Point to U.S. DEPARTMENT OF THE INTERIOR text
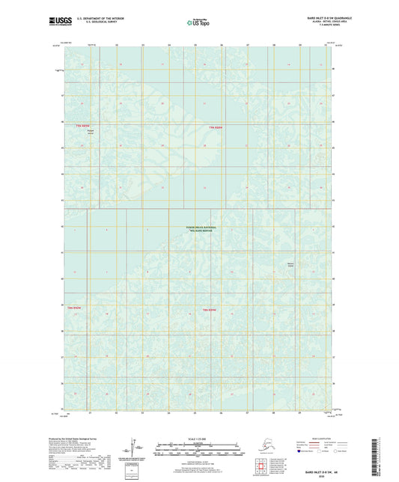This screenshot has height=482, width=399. (x=96, y=16)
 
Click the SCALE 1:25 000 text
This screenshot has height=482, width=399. (x=198, y=438)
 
